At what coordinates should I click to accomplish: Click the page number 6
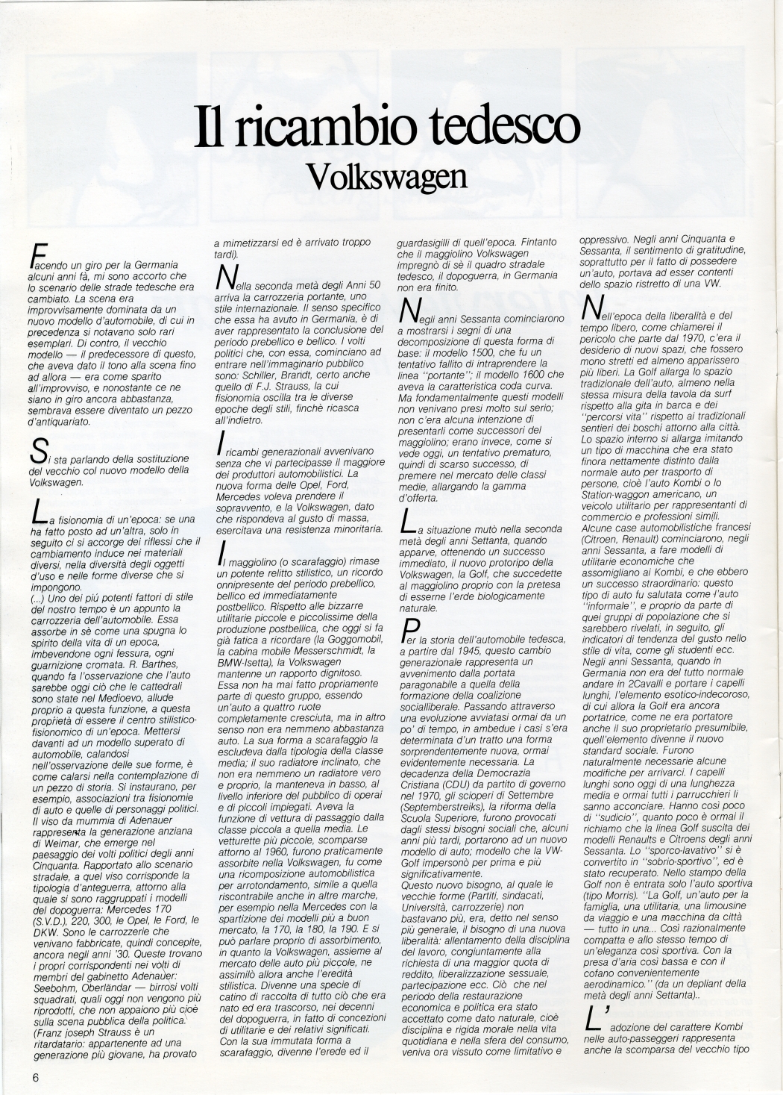(x=35, y=1076)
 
